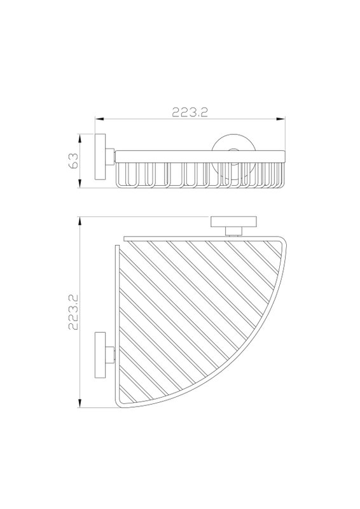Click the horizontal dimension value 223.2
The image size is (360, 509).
tap(190, 112)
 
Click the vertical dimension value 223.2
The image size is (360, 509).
tap(74, 312)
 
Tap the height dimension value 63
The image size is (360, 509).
tap(73, 161)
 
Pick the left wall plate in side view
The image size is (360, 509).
tap(100, 157)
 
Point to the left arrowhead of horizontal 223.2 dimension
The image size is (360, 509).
tap(99, 120)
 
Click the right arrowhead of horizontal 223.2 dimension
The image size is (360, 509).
tap(280, 120)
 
